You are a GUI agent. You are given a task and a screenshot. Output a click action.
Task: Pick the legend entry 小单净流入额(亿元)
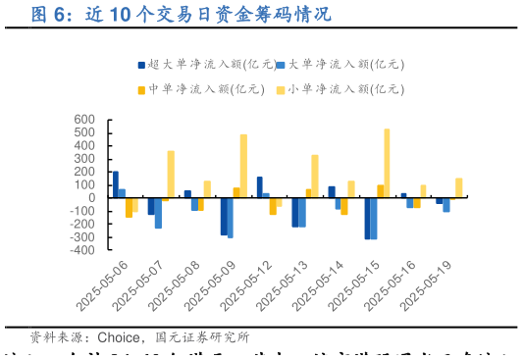click(x=339, y=88)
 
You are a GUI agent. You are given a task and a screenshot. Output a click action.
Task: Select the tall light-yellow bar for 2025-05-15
click(x=387, y=163)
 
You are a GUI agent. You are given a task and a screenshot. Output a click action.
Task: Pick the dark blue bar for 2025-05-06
click(x=116, y=184)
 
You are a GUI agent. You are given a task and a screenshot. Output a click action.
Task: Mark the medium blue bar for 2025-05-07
click(x=158, y=213)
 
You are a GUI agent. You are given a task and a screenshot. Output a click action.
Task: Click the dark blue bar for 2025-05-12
click(x=259, y=187)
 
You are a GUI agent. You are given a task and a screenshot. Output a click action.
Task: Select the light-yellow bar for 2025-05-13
click(x=315, y=176)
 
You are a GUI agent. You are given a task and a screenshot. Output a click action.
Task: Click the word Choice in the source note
click(x=116, y=338)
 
